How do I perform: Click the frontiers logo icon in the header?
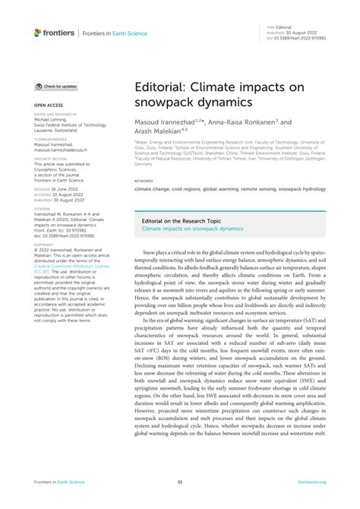(x=38, y=33)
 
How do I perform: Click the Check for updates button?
(x=55, y=87)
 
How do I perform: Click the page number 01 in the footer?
(x=180, y=501)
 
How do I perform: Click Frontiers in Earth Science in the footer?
(x=58, y=501)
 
